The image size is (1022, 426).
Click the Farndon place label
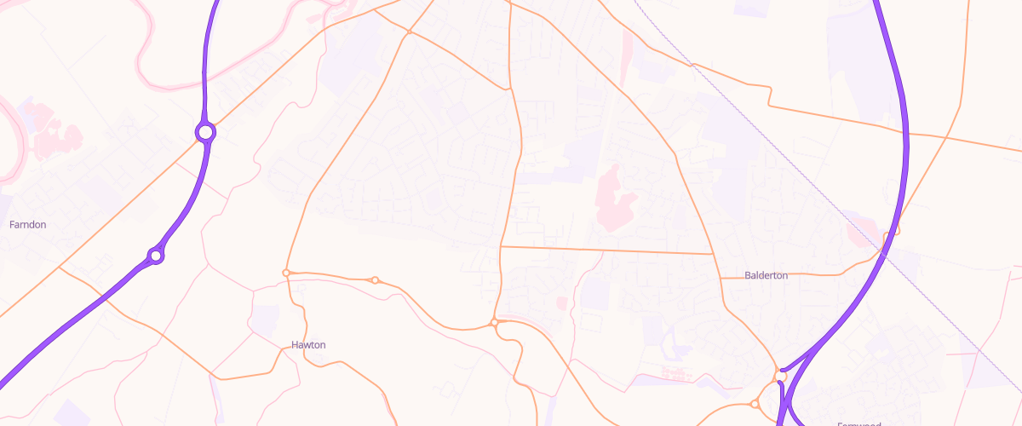click(27, 224)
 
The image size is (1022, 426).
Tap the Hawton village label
click(308, 344)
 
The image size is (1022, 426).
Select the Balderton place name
click(766, 275)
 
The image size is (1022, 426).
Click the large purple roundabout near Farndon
click(205, 132)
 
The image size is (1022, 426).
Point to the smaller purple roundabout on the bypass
click(155, 255)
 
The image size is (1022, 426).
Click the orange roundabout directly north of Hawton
click(287, 273)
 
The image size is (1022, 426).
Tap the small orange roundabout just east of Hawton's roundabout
click(374, 279)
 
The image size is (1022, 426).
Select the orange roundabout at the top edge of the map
click(409, 32)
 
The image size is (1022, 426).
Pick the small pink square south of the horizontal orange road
click(561, 302)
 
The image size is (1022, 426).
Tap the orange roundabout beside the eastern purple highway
click(893, 230)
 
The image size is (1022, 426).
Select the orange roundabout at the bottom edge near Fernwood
click(755, 404)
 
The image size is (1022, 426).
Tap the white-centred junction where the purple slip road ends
click(781, 372)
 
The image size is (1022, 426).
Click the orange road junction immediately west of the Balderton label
click(721, 278)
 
